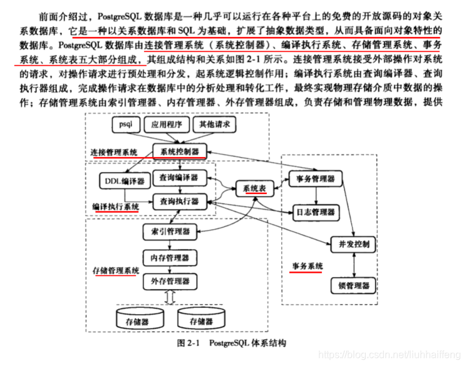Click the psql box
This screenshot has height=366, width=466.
125,125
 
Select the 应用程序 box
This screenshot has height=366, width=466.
165,125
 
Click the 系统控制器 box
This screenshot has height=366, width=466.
179,151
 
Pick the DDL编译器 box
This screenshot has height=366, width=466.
123,181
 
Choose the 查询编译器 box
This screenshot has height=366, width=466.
179,177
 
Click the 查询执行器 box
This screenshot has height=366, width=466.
179,201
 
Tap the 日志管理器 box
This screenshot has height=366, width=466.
315,212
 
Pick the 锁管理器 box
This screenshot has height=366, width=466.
354,286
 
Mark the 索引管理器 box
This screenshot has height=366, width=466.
166,231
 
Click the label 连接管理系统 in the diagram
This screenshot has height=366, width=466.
113,152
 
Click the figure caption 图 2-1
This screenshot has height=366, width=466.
189,343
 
